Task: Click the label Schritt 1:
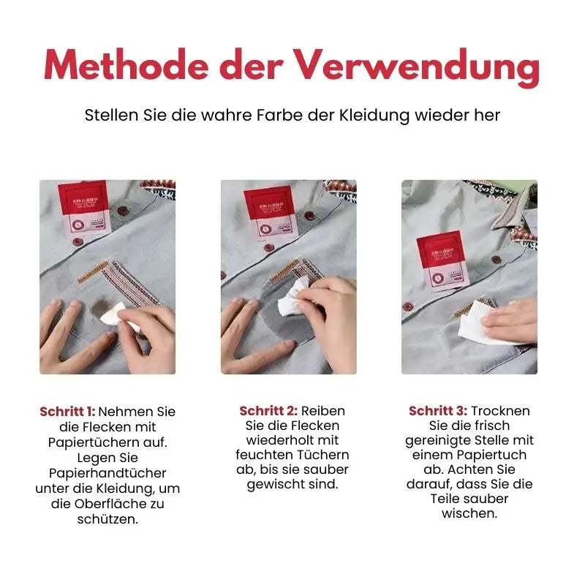(x=67, y=412)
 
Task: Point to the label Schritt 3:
(x=438, y=411)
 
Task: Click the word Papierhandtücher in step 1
(x=107, y=473)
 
